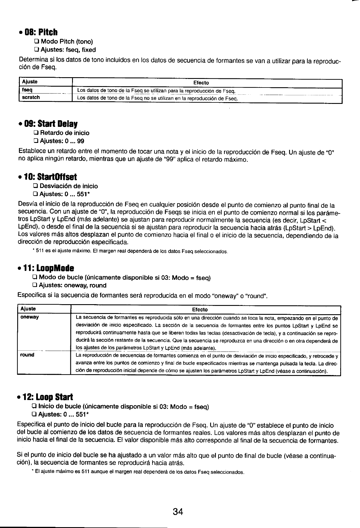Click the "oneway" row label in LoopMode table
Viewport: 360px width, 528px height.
pyautogui.click(x=30, y=317)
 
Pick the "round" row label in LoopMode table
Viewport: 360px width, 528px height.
pyautogui.click(x=27, y=355)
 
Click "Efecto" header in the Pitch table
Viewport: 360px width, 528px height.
pyautogui.click(x=201, y=83)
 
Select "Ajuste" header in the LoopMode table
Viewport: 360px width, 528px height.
pyautogui.click(x=28, y=309)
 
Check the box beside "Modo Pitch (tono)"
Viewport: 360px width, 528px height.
pyautogui.click(x=36, y=42)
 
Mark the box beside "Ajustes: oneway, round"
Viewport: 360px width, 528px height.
pyautogui.click(x=34, y=286)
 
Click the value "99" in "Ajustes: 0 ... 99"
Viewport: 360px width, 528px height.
pyautogui.click(x=81, y=141)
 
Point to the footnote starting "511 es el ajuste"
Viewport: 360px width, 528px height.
pyautogui.click(x=131, y=252)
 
